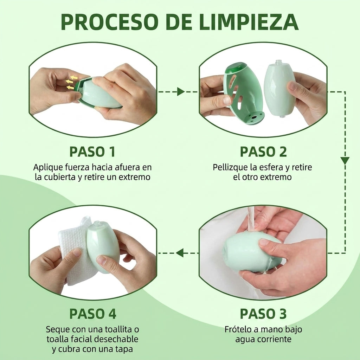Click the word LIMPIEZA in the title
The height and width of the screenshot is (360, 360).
[x=249, y=22]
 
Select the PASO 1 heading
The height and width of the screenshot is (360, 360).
[x=92, y=152]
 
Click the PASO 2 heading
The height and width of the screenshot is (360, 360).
[x=263, y=152]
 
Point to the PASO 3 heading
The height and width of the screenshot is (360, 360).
[x=263, y=314]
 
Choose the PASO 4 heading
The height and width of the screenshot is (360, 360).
[x=93, y=314]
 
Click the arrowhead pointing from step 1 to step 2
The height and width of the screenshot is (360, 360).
[x=181, y=92]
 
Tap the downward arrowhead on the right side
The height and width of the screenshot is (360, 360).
[x=345, y=160]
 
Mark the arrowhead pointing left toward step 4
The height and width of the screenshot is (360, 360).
[x=180, y=253]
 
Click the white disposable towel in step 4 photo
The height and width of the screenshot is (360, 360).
[x=73, y=250]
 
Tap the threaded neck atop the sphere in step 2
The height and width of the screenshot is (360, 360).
[x=278, y=63]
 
